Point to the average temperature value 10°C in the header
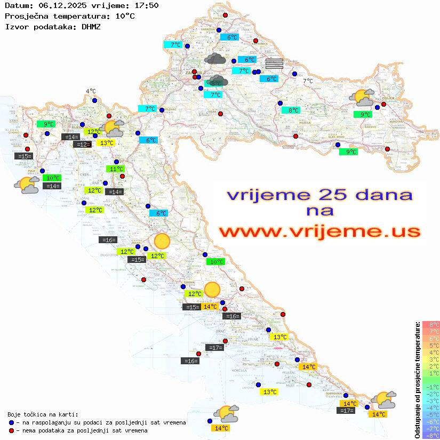(x=125, y=16)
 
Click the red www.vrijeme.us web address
(x=319, y=231)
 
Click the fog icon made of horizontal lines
(x=274, y=63)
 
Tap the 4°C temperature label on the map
(x=91, y=92)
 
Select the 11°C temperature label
(x=116, y=169)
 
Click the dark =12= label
(x=82, y=145)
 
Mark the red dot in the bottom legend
(x=12, y=430)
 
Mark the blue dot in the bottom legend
(x=12, y=422)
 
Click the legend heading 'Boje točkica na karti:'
(x=43, y=414)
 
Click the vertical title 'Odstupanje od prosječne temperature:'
(x=417, y=380)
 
